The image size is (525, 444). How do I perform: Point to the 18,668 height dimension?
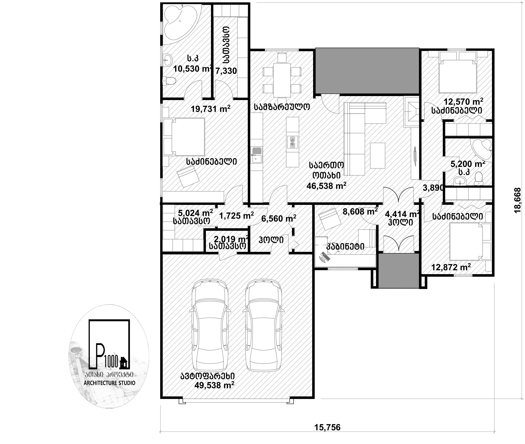point(517,201)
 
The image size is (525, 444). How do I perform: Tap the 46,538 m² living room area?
point(326,186)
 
